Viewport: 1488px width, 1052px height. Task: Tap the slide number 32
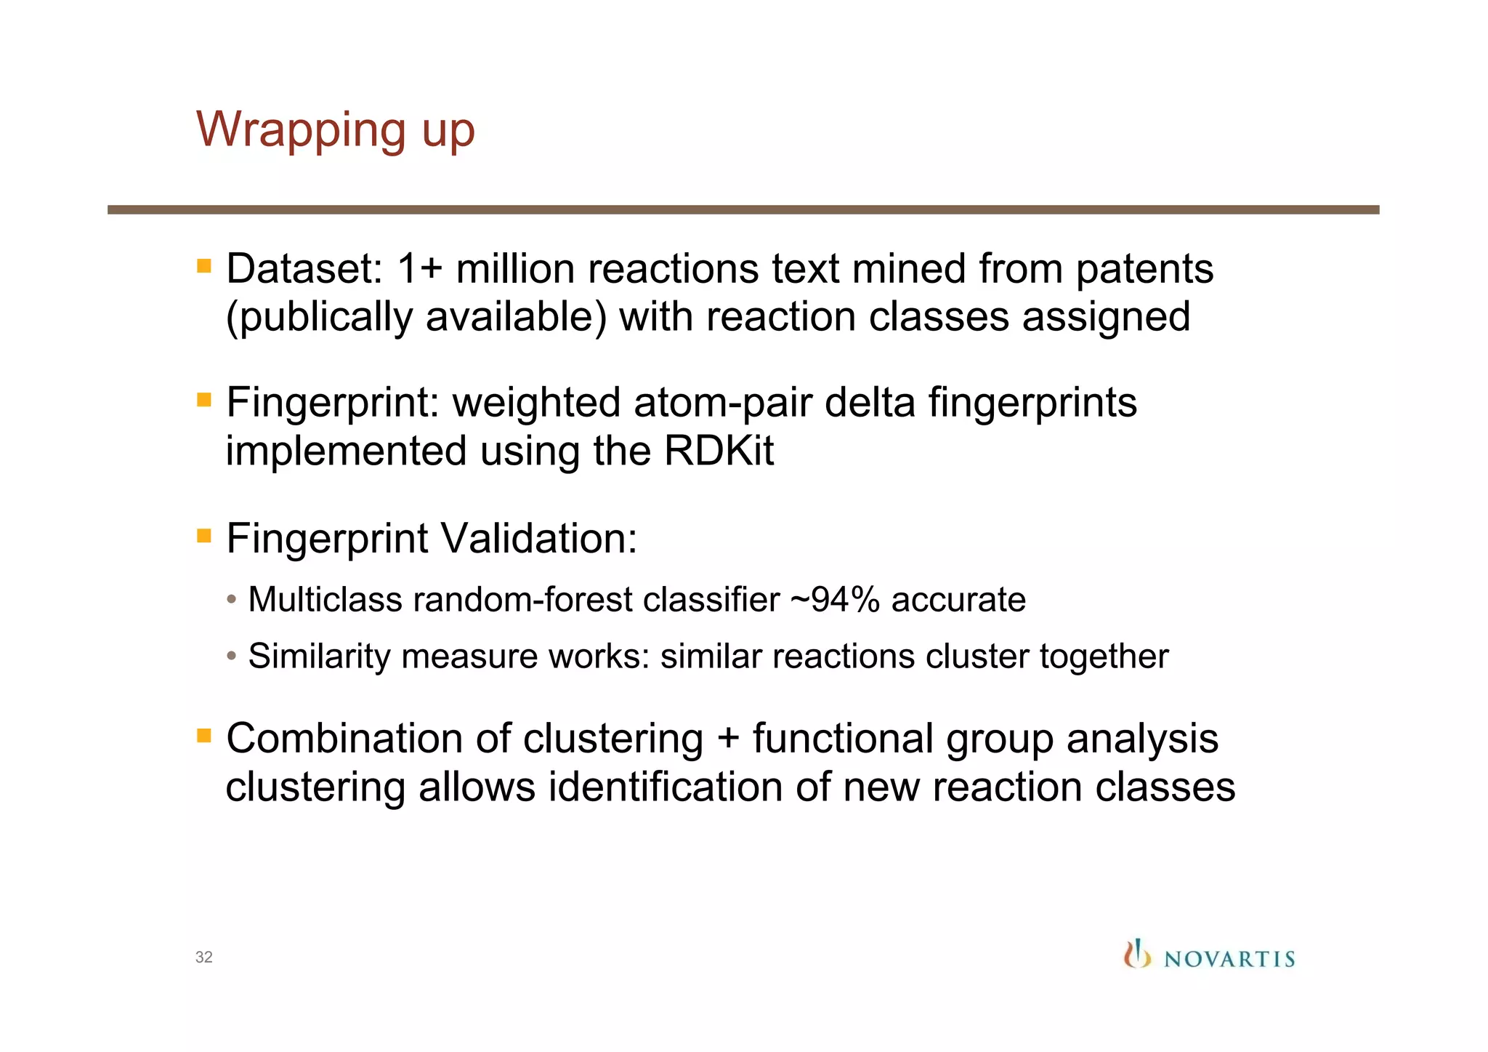[204, 957]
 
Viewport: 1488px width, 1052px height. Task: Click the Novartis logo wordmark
[1229, 959]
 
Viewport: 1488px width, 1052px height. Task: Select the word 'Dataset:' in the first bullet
[304, 269]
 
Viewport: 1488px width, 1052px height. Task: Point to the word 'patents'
[1144, 269]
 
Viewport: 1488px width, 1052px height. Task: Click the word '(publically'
[319, 318]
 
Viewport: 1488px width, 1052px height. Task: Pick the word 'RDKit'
[719, 451]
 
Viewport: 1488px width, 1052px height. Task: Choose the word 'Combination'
[344, 739]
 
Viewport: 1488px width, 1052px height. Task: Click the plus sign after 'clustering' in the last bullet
[728, 739]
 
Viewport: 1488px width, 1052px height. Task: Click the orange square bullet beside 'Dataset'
[204, 266]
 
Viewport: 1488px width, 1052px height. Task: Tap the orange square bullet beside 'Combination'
[204, 736]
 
